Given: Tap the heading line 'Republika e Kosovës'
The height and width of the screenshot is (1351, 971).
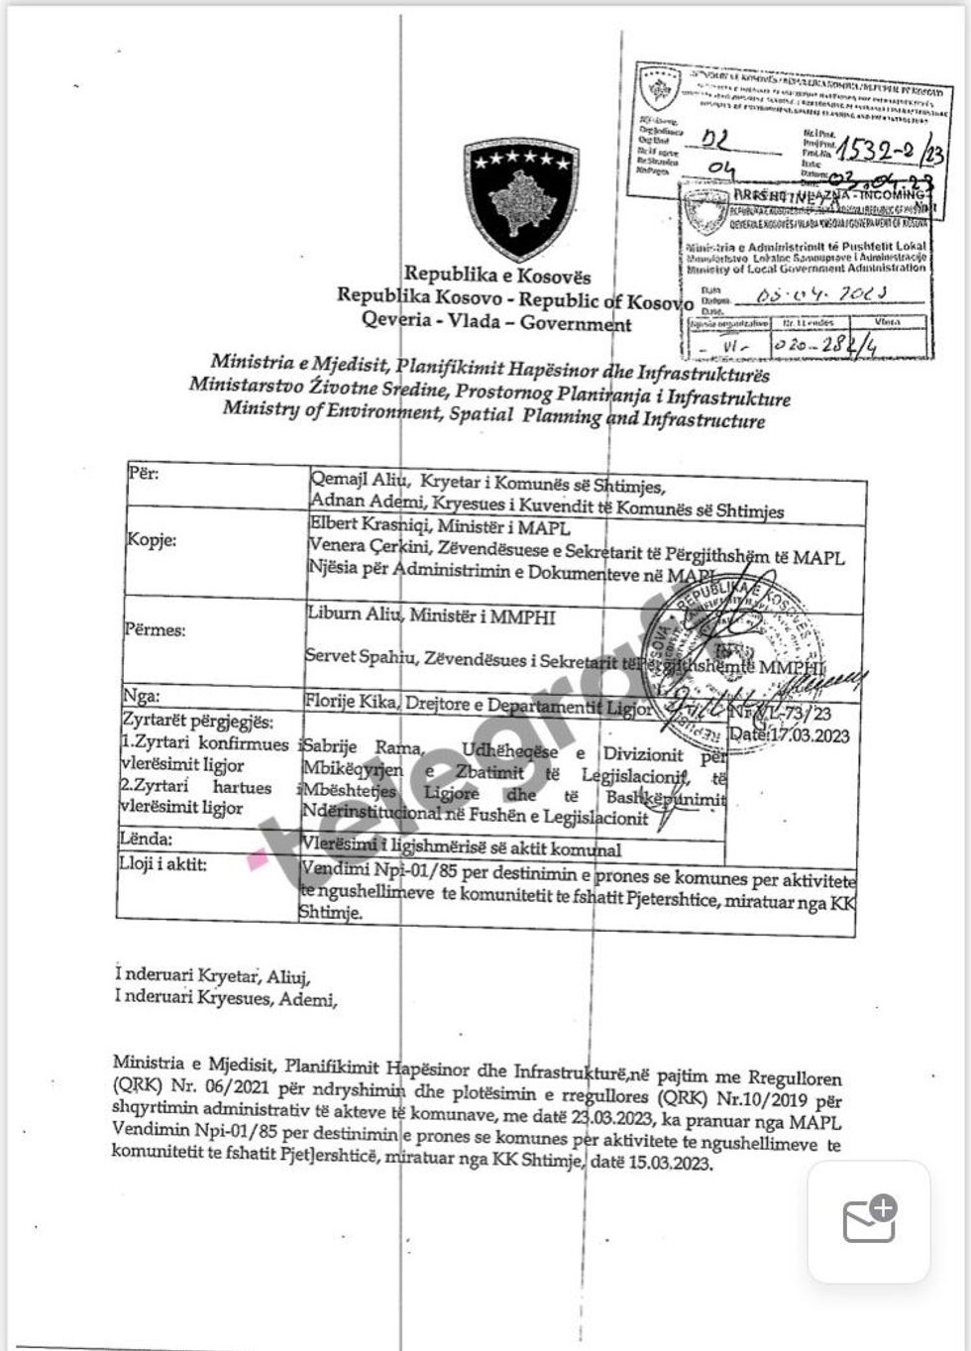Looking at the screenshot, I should click(x=496, y=275).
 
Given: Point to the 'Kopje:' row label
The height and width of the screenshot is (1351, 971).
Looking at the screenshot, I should click(x=152, y=540).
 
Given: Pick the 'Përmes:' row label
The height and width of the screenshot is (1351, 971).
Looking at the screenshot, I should click(x=156, y=629).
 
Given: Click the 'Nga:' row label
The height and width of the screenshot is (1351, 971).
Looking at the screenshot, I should click(x=141, y=696).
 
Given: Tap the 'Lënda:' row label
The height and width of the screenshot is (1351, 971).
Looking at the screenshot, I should click(x=145, y=840).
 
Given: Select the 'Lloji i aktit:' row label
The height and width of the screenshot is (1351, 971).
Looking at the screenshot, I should click(x=162, y=864).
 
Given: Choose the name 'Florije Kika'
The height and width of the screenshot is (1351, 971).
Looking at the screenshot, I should click(x=350, y=703).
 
